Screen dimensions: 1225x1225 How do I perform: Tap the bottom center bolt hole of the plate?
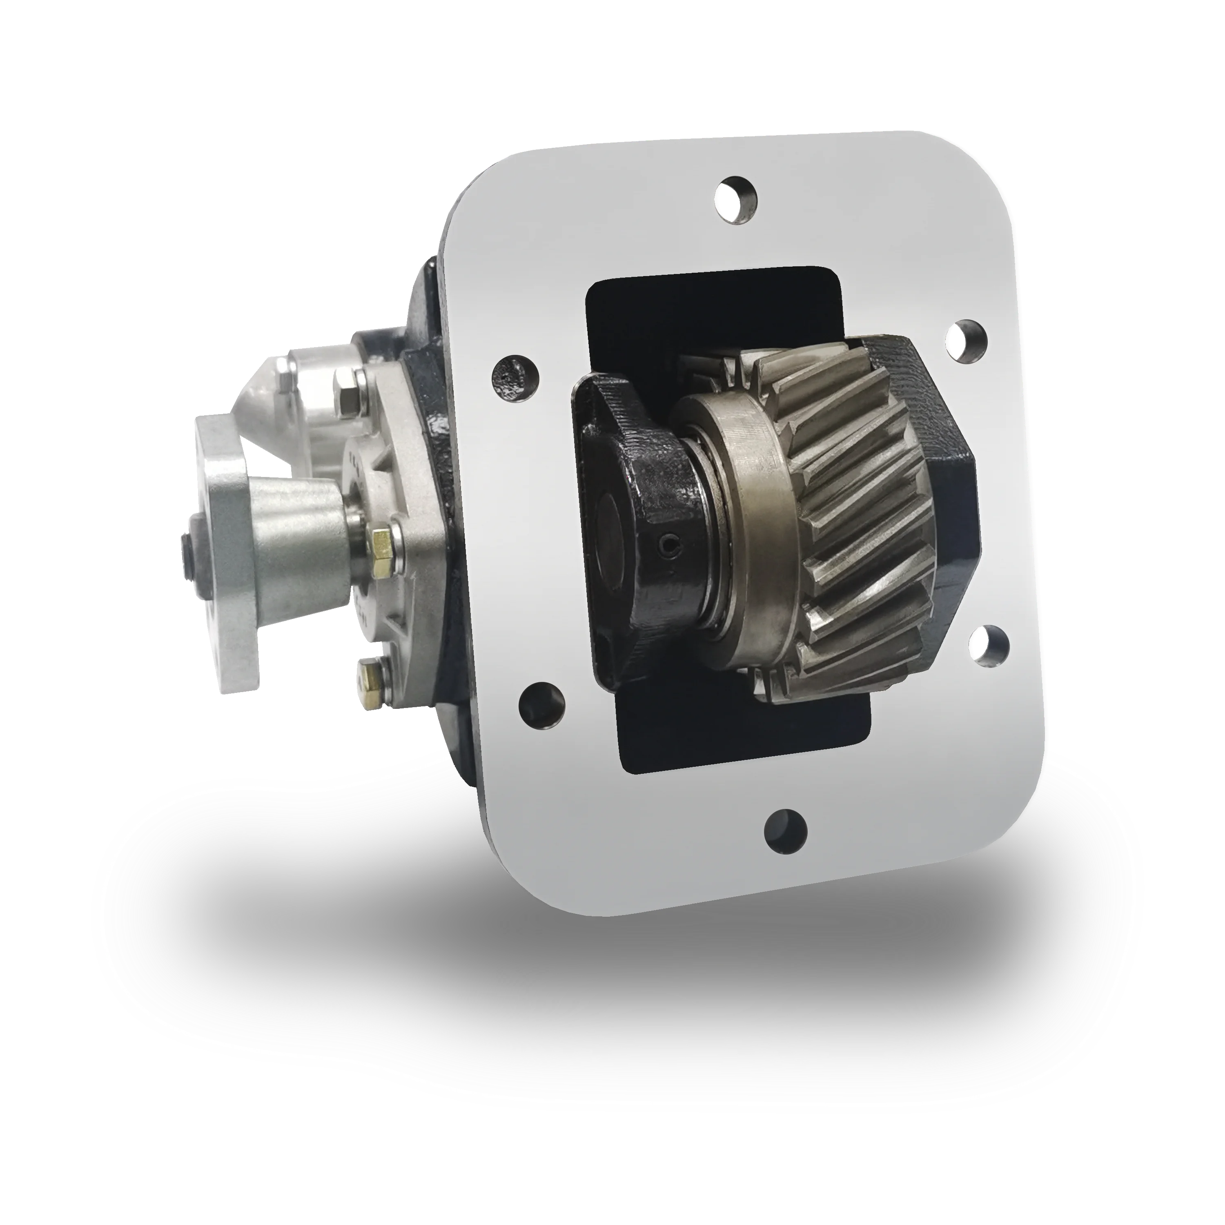click(786, 829)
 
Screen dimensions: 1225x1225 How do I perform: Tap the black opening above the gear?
click(697, 317)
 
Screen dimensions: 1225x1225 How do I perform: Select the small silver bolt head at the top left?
click(284, 379)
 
